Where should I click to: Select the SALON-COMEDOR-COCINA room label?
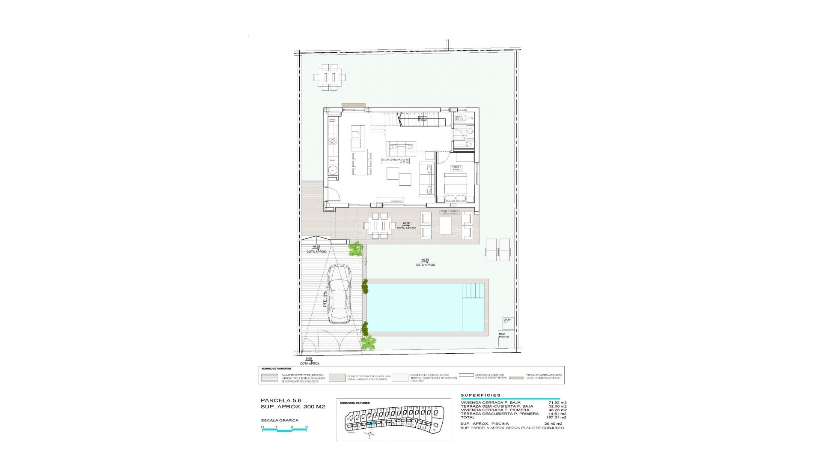point(395,161)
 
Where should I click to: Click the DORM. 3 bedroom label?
point(457,168)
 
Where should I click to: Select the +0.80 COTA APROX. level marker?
point(406,225)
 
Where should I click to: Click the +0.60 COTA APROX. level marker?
point(425,262)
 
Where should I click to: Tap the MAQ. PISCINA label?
point(504,335)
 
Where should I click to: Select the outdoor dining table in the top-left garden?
point(330,78)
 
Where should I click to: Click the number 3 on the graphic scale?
point(307,427)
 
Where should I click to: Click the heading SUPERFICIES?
point(480,395)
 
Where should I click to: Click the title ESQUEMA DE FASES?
point(354,403)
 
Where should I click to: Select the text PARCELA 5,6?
point(278,400)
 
